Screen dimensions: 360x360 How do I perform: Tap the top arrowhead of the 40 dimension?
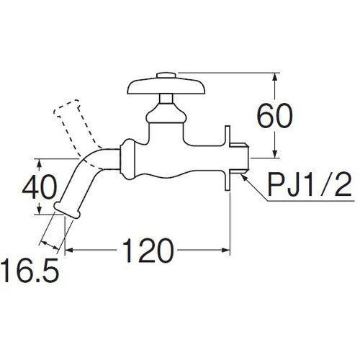coord(37,161)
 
